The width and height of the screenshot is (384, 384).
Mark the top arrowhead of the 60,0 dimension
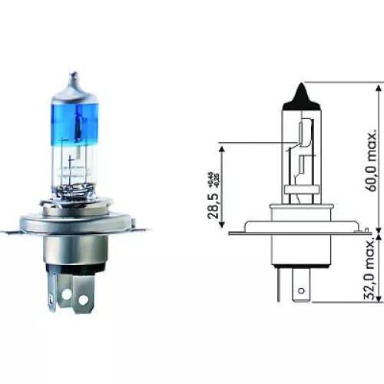coord(381,85)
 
